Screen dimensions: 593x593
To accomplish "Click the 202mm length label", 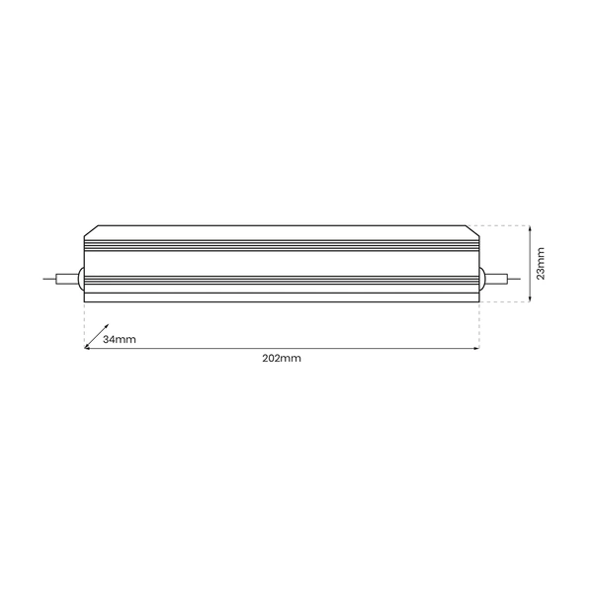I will point(282,358).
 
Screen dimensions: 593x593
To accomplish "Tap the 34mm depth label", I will point(119,339).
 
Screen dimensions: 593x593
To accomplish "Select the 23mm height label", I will point(541,263).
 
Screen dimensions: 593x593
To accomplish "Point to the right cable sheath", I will point(494,279).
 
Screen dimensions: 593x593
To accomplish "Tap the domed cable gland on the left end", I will point(81,279).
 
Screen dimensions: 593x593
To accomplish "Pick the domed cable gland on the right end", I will point(482,279).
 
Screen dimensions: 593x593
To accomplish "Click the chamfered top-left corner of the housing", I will point(89,230).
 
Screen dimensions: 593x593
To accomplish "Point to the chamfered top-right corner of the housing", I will point(474,230).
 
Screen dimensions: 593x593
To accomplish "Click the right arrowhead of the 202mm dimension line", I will point(476,348).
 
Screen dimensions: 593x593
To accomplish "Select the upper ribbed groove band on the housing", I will point(282,242).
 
